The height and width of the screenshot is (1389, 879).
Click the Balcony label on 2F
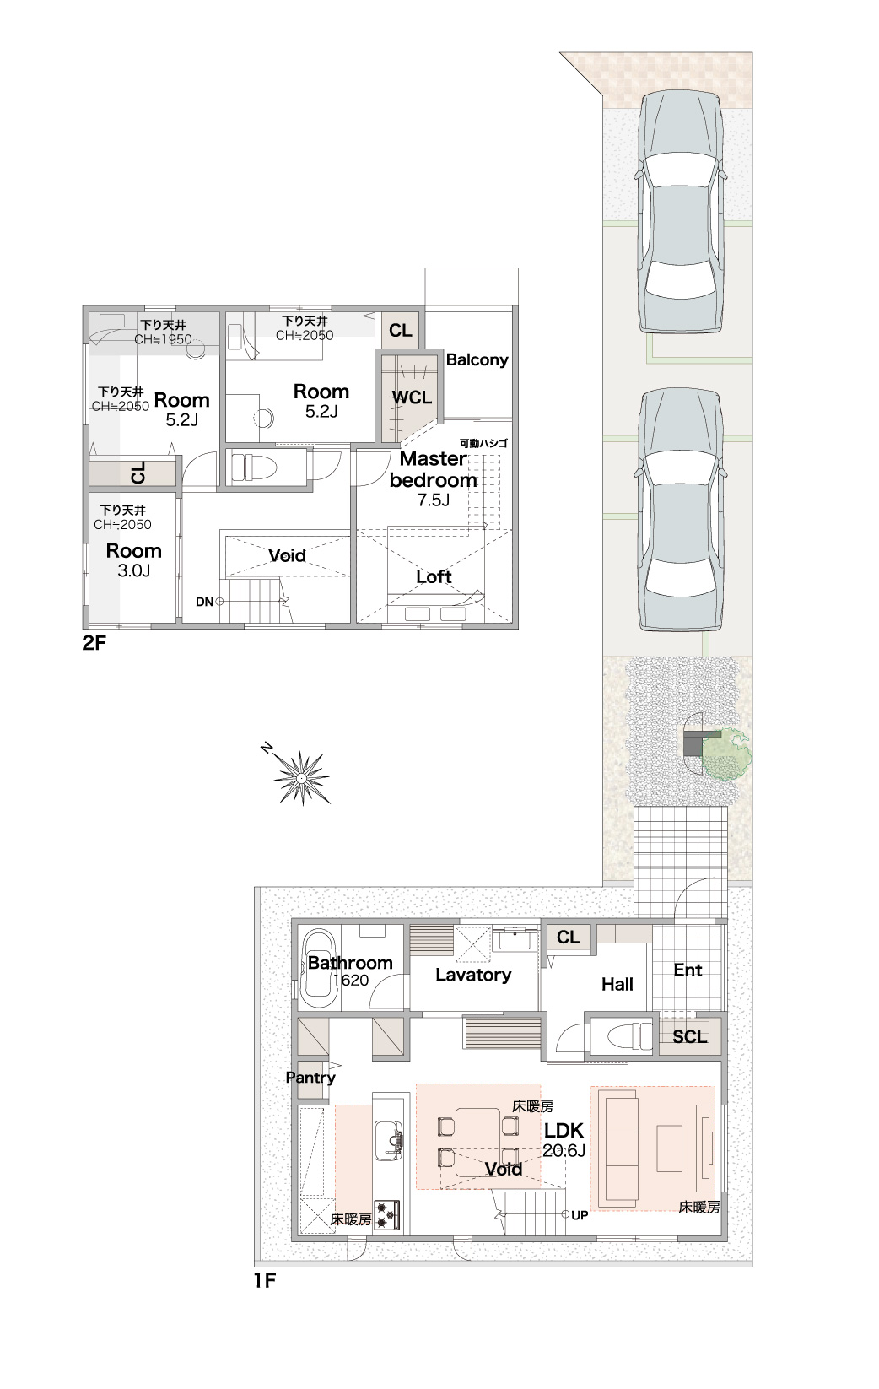tap(477, 359)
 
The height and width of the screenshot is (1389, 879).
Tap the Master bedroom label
tap(434, 469)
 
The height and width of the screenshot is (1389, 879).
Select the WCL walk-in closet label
tap(412, 397)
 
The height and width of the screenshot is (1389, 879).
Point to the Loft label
tap(434, 576)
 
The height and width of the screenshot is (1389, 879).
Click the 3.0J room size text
tap(134, 570)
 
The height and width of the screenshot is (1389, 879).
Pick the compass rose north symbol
tap(300, 776)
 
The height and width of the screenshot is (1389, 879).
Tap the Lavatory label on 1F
tap(473, 975)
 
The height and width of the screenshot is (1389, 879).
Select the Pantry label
tap(310, 1078)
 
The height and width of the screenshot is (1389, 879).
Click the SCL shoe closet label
tap(690, 1037)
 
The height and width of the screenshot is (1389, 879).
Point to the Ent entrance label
tap(688, 970)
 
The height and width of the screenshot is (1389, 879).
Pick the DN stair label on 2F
tap(204, 602)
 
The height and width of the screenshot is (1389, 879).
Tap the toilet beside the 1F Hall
tap(627, 1035)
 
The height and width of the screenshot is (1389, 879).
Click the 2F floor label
tap(94, 644)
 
